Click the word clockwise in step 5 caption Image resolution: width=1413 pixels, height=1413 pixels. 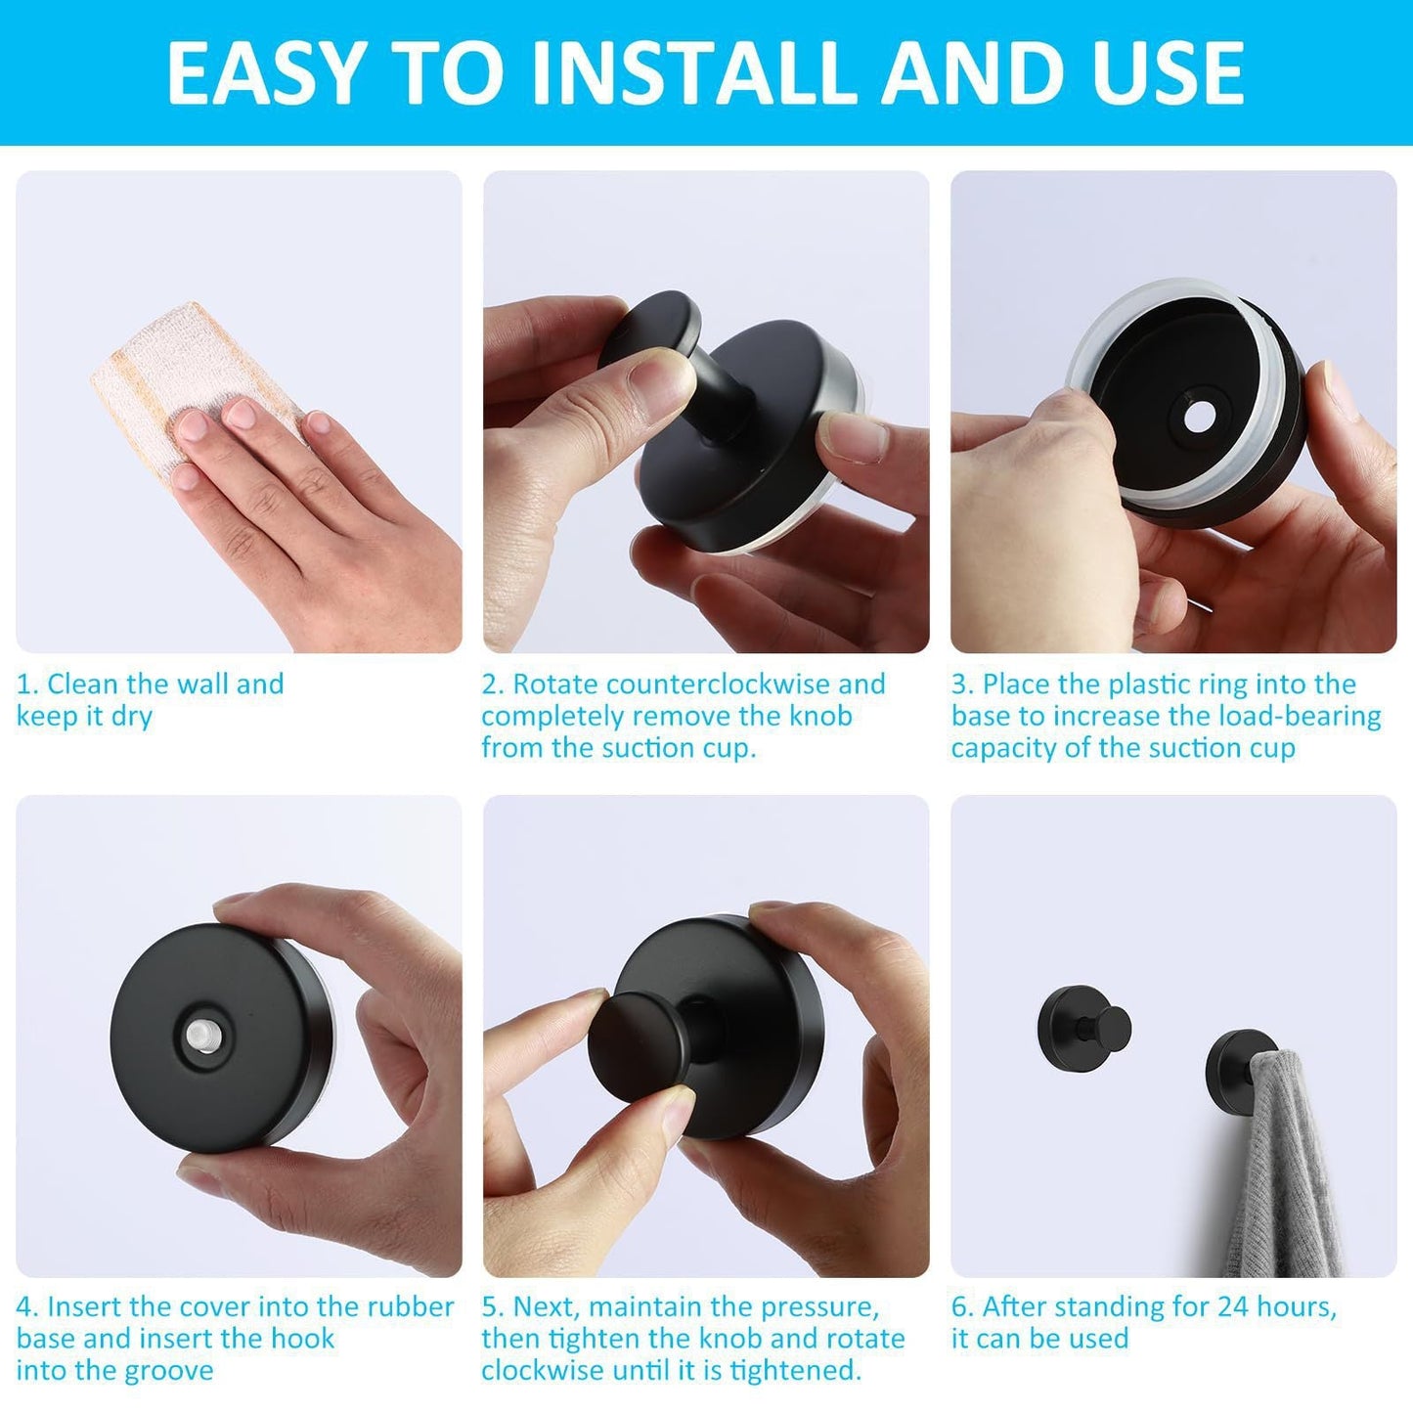tap(548, 1371)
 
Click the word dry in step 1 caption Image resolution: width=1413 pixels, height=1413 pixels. tap(132, 717)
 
